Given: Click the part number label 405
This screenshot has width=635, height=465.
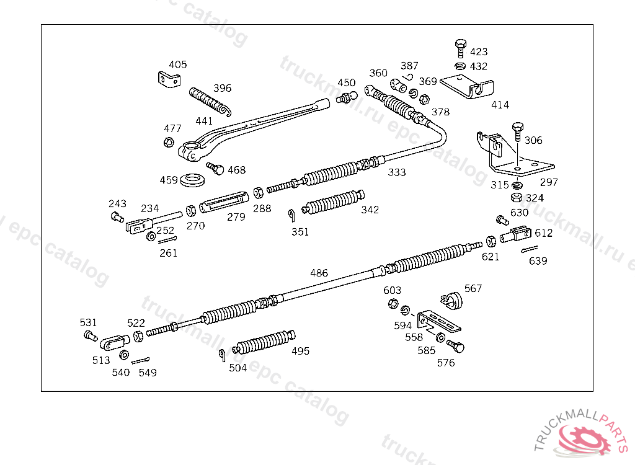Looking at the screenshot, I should point(178,64).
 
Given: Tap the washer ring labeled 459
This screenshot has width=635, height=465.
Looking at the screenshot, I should point(193,180).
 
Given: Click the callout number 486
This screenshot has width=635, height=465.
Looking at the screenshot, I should point(319,273).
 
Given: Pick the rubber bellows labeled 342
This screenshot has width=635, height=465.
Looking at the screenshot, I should point(331,202).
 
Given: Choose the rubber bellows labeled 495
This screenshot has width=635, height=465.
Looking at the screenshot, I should point(263,342).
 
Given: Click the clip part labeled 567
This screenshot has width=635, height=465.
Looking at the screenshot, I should point(454,300).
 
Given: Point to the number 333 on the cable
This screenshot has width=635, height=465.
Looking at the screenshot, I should point(397,172).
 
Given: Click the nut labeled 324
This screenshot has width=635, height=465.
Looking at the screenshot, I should point(516,198).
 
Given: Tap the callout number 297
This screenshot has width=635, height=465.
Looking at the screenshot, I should point(549,182).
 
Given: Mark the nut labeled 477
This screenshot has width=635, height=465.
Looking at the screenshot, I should point(168,143).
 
